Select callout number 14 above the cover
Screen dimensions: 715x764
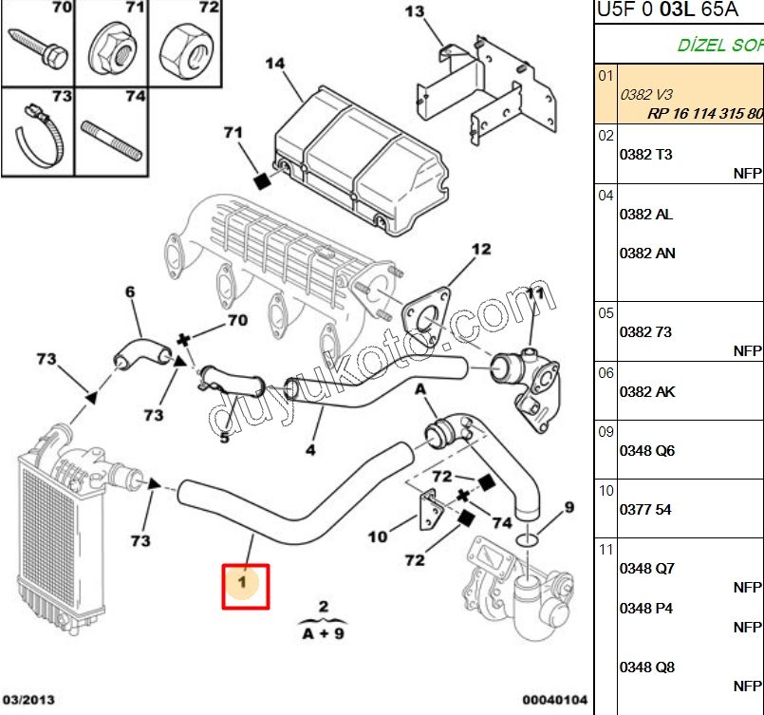(x=274, y=64)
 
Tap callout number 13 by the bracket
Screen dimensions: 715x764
(x=415, y=12)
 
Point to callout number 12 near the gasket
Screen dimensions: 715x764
(x=482, y=250)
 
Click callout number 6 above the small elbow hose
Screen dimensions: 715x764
(x=131, y=292)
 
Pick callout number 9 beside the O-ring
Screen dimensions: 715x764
(x=568, y=507)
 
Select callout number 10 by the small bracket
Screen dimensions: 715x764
(x=378, y=537)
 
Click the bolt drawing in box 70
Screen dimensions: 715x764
(x=38, y=45)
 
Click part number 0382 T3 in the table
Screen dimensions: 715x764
(x=645, y=155)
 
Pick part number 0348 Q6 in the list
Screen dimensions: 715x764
(x=646, y=451)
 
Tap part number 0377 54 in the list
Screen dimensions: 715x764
(x=644, y=510)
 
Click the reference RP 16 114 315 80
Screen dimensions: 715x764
(x=704, y=113)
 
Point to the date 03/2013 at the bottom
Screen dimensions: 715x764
(x=28, y=700)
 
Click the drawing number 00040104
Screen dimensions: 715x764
(x=555, y=700)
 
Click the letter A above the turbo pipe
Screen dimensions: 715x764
(x=419, y=388)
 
